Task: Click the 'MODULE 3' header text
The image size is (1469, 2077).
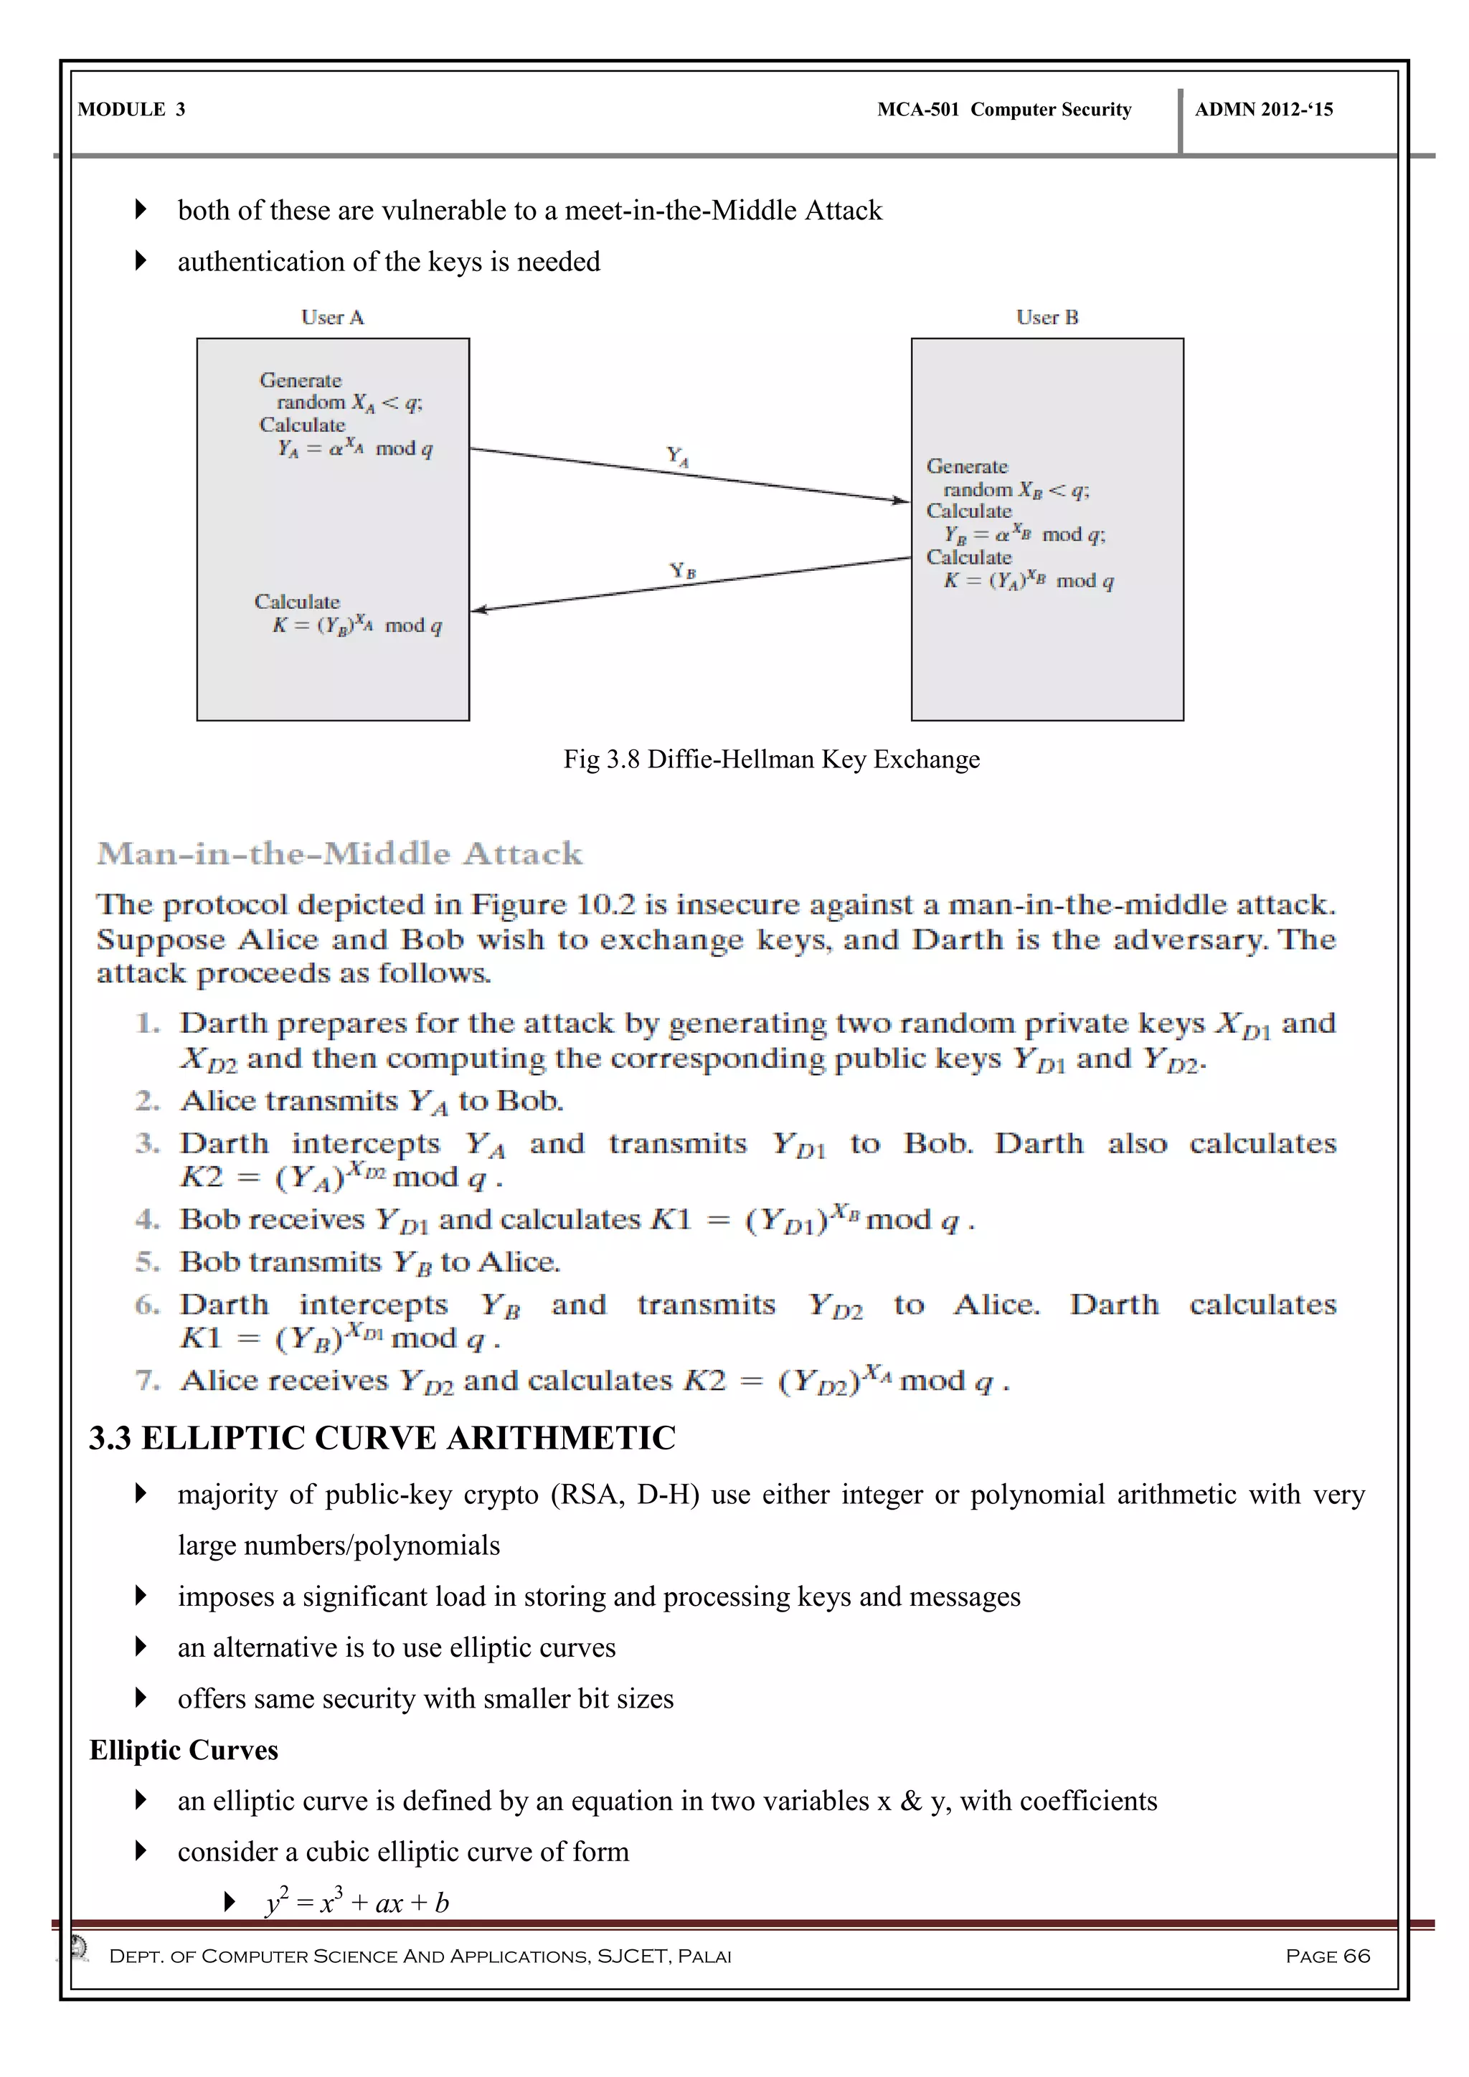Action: [131, 110]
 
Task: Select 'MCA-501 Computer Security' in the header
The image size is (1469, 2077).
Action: [1004, 110]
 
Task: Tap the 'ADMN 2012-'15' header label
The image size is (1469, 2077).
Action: [1264, 110]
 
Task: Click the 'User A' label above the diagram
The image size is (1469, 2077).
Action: [332, 318]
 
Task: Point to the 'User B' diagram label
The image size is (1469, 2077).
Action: [1047, 318]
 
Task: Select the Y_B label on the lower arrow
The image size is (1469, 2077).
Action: [683, 571]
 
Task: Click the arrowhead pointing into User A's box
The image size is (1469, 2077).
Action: [479, 610]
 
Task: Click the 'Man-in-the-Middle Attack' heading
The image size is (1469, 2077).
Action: [340, 853]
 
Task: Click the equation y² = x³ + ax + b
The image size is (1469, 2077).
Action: [357, 1903]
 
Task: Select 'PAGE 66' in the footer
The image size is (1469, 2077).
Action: [1327, 1956]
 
